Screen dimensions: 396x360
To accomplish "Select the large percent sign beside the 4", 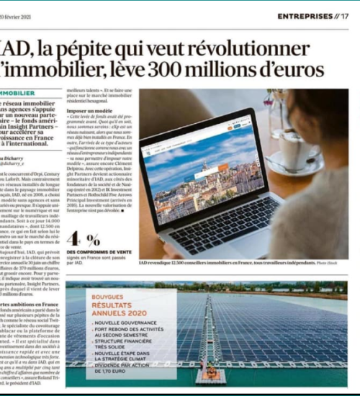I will click(x=93, y=240).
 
